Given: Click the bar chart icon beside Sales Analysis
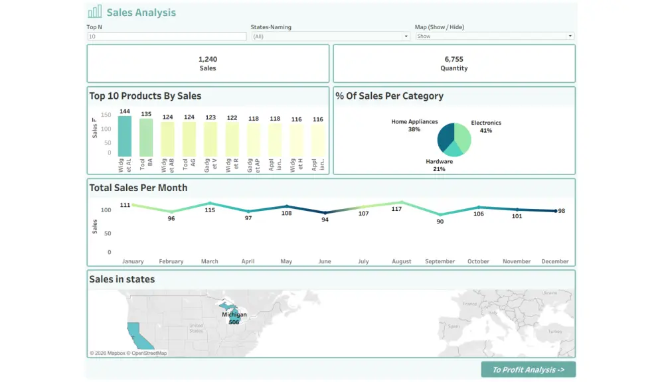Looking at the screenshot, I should click(95, 12).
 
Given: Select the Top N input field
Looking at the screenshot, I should click(167, 36).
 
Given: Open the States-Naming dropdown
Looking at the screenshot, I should click(331, 36).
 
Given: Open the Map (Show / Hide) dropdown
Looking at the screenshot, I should click(495, 36).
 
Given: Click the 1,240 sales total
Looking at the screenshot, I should click(208, 59).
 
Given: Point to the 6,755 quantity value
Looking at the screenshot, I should click(454, 59).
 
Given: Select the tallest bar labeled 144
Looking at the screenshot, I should click(125, 136).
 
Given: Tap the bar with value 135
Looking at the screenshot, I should click(146, 137).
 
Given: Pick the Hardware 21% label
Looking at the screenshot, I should click(439, 164).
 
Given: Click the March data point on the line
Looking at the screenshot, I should click(210, 204).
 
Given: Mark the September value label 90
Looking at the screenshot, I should click(440, 222).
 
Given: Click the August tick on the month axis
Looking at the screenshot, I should click(402, 261).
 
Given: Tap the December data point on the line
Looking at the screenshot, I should click(555, 211).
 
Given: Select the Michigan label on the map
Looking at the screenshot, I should click(234, 314).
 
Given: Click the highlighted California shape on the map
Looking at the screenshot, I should click(135, 334).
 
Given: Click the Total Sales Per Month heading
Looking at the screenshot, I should click(138, 188).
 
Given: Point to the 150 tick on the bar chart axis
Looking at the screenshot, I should click(106, 115).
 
